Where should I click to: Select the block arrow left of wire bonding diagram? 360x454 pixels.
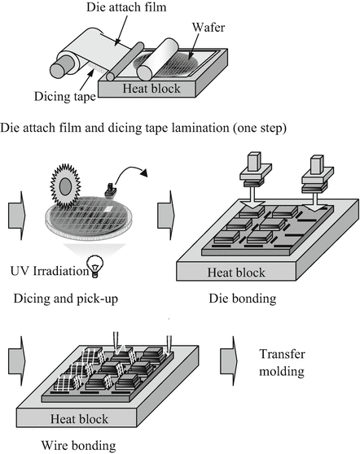pos(15,361)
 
